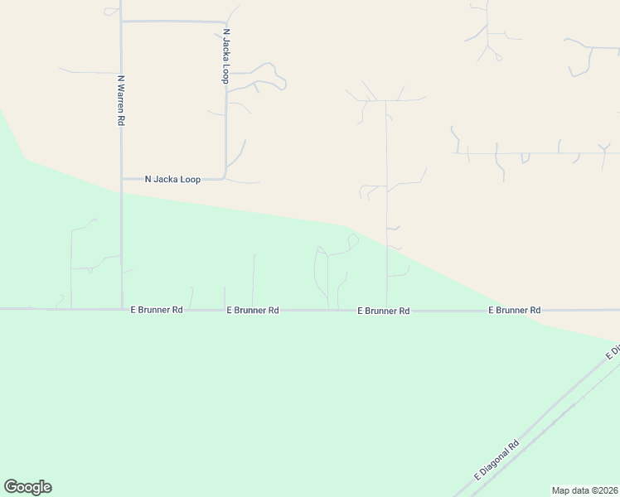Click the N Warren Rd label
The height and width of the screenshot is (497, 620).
(x=121, y=100)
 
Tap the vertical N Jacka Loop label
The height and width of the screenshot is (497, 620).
(x=225, y=56)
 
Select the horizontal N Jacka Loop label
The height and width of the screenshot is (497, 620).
(x=172, y=179)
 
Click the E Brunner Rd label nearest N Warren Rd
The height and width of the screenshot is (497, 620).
(x=157, y=310)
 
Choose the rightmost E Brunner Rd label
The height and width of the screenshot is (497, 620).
(x=514, y=310)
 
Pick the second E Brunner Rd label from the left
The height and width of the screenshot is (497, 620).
(x=253, y=310)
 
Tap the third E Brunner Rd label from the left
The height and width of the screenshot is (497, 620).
(x=384, y=311)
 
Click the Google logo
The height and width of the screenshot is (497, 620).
(x=27, y=487)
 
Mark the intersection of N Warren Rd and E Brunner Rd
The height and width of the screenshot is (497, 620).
(x=122, y=309)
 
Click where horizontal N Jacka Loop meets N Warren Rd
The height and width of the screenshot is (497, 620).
(x=122, y=178)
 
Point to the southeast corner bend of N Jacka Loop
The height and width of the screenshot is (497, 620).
(x=225, y=176)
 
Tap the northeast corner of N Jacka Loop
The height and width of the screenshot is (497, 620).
(x=225, y=22)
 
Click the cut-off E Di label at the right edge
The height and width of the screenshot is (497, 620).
(x=613, y=353)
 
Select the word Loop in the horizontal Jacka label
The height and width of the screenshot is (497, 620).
(x=189, y=179)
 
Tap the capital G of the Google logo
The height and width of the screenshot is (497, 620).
(x=11, y=487)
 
